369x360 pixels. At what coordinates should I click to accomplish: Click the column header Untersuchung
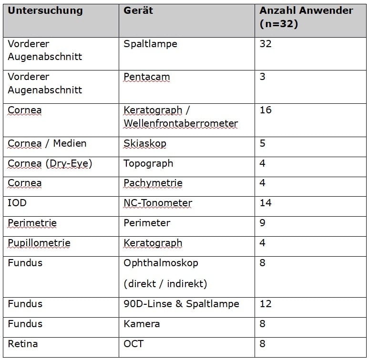point(45,10)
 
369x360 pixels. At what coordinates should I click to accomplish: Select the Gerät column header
point(138,10)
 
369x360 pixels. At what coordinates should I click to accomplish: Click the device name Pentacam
point(146,77)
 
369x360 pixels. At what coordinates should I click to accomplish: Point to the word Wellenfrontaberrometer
point(180,123)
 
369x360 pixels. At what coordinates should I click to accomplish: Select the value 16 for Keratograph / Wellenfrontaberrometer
point(266,110)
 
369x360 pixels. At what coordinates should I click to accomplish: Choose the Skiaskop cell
point(145,143)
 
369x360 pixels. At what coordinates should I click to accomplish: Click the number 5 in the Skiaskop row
point(263,143)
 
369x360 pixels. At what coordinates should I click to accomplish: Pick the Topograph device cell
point(148,163)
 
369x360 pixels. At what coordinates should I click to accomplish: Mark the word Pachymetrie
point(153,183)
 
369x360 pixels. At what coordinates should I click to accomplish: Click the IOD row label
point(17,203)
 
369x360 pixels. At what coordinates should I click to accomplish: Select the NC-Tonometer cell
point(157,203)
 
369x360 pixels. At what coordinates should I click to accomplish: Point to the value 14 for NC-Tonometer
point(266,203)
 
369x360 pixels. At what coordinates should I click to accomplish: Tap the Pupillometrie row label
point(39,243)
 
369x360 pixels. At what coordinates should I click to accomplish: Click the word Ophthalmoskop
point(161,263)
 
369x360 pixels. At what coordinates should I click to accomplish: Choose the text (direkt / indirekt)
point(165,284)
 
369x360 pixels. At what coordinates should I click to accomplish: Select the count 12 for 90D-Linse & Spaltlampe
point(266,304)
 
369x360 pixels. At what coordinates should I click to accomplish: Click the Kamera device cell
point(142,324)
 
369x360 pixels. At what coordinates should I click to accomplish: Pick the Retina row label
point(22,344)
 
